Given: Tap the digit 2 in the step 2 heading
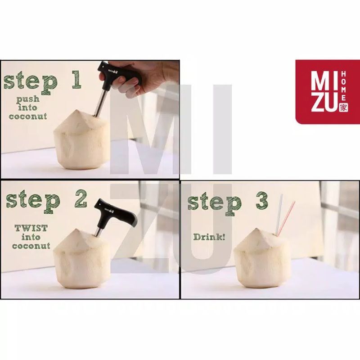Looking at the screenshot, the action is coord(81,199).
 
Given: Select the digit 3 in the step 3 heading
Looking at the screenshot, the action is coord(261,200).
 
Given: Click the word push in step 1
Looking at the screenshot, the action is coord(28,99).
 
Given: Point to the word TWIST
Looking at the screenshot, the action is coord(31,228).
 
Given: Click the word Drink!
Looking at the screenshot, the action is coord(209,237).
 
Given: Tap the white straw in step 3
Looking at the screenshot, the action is coord(279,215).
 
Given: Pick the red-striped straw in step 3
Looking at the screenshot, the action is coord(286,219).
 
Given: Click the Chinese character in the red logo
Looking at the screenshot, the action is coord(343,107).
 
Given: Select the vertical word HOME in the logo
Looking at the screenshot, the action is coord(343,85).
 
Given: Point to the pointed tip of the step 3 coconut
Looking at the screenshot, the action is coord(257,229).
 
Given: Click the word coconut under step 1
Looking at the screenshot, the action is coord(28,116).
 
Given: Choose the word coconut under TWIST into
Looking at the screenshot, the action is coord(31,245).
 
